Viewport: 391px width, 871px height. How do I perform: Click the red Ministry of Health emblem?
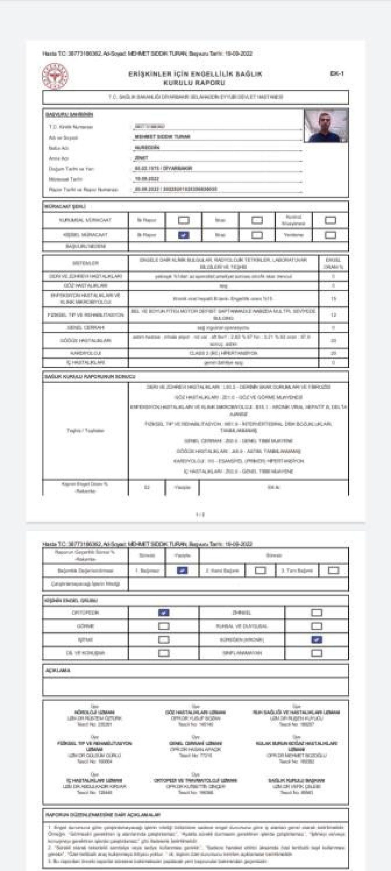55,76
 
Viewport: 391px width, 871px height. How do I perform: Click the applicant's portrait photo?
326,126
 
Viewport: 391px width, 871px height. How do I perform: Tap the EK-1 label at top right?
337,73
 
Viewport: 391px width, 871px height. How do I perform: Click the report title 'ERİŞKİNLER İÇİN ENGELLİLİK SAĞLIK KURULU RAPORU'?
195,78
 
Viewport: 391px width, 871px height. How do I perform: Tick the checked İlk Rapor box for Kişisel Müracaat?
183,235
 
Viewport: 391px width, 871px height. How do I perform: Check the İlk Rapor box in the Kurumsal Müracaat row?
183,220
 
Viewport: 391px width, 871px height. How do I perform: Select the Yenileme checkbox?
330,235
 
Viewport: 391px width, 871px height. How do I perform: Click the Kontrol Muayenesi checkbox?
330,220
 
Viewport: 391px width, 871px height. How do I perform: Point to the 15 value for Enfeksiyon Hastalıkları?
333,299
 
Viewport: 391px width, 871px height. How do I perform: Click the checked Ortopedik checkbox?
164,613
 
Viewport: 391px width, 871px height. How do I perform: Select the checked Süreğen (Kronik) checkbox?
316,640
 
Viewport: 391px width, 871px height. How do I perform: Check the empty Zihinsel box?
316,613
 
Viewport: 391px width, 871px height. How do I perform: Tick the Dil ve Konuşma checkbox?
164,653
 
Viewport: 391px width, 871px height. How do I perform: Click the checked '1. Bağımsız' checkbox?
182,571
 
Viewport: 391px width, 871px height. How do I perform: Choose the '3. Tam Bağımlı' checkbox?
333,571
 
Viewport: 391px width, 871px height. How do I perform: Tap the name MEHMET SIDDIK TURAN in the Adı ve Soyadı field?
162,137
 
